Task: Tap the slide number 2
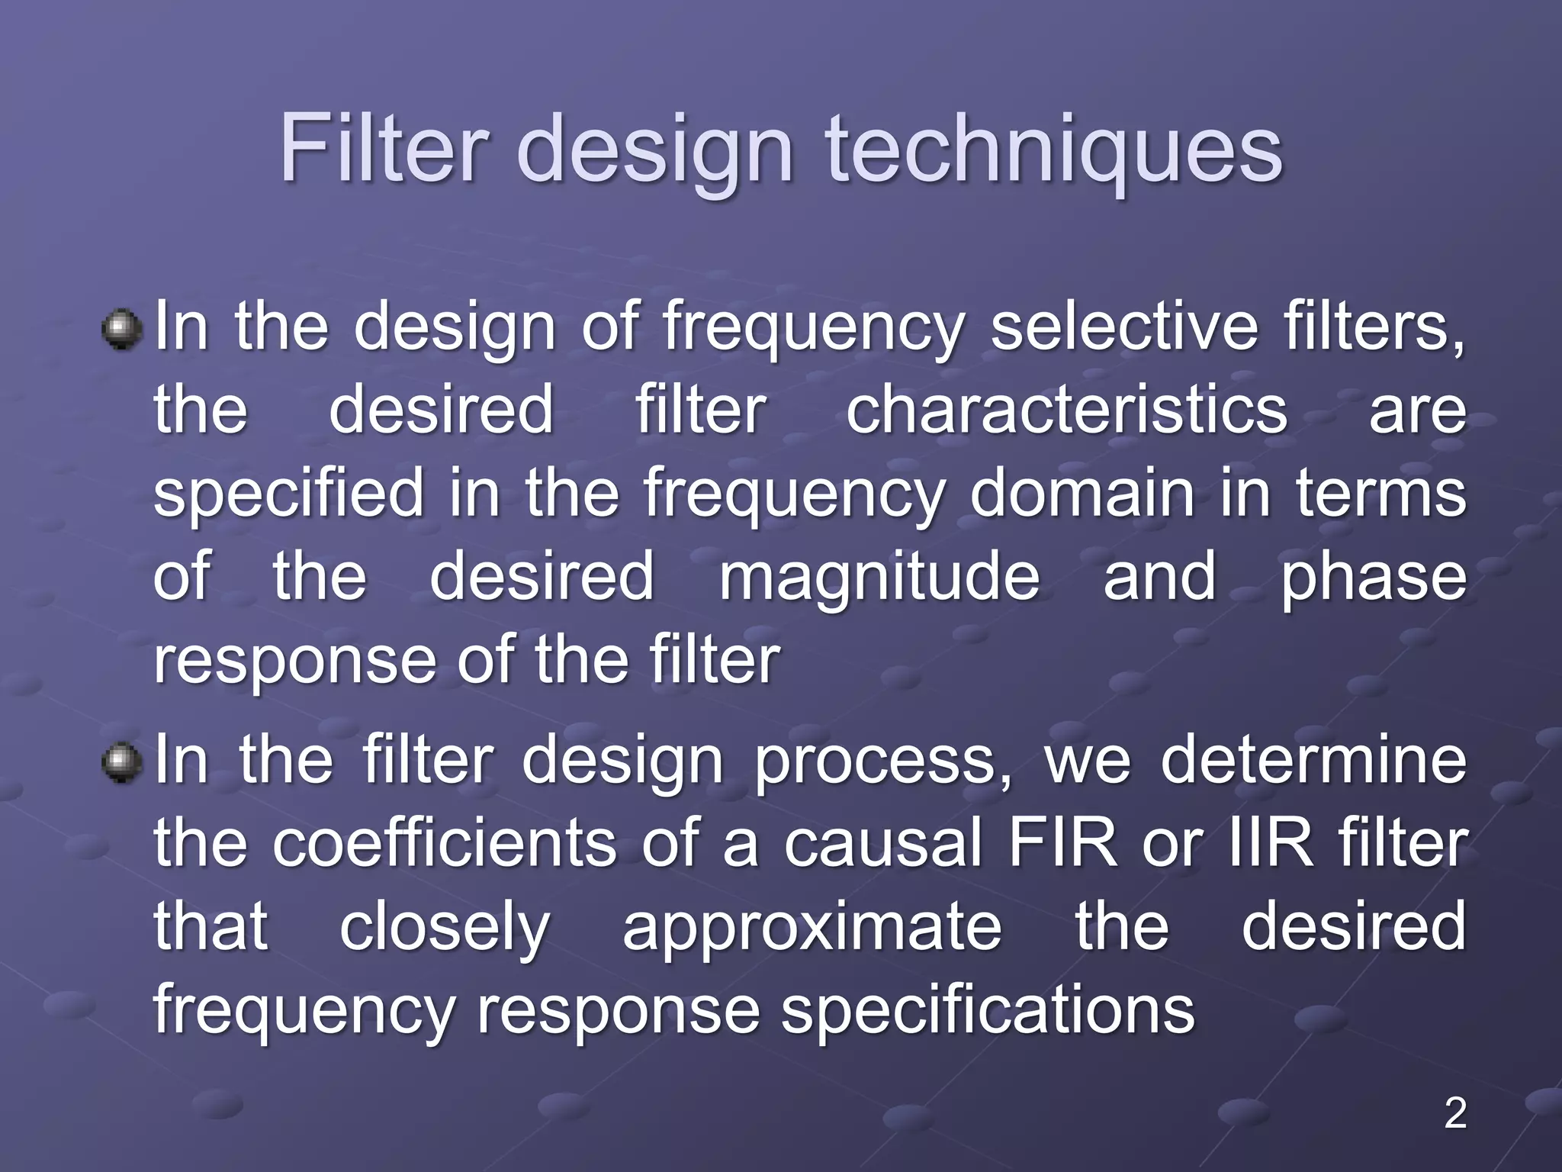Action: click(1455, 1113)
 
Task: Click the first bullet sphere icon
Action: click(122, 330)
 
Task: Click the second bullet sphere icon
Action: click(122, 763)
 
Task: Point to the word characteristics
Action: click(1067, 411)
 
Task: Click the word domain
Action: click(1082, 494)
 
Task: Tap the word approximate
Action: click(812, 928)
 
